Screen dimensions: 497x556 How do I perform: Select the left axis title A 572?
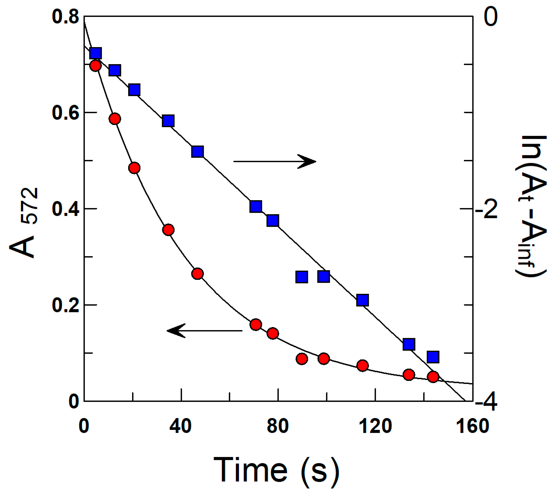point(23,223)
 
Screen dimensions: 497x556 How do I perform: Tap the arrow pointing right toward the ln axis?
point(274,161)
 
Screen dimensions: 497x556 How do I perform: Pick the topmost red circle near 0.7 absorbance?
point(95,66)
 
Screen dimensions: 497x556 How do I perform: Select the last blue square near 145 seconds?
point(433,357)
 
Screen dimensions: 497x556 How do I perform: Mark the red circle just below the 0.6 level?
point(115,119)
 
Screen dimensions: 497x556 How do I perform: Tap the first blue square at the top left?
point(96,53)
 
